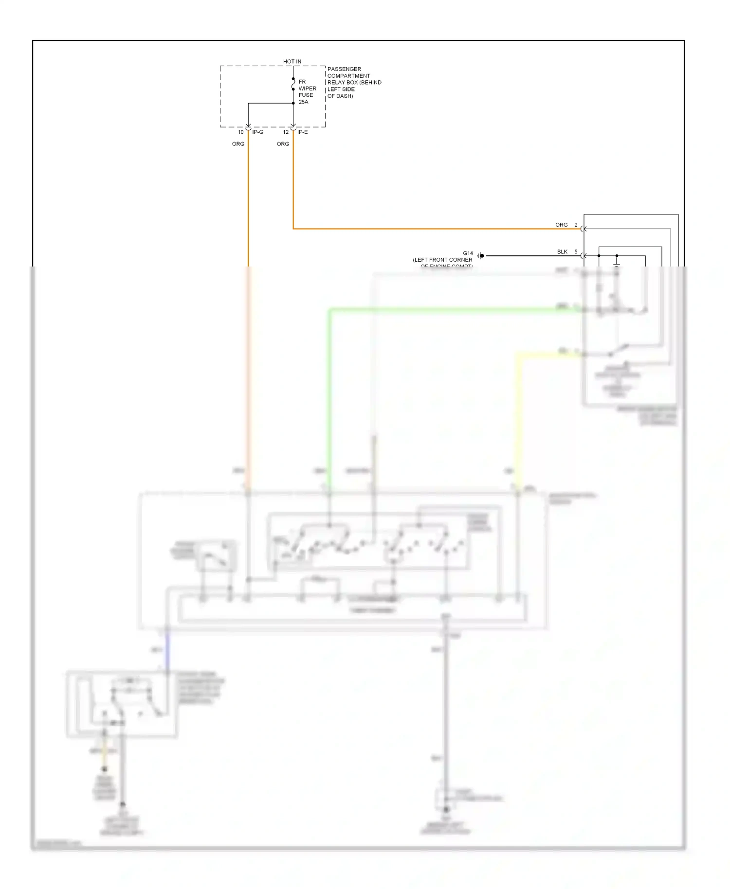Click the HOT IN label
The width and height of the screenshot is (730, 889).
[x=292, y=62]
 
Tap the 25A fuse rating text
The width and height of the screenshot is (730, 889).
[x=303, y=102]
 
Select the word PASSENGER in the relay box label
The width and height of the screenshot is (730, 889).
[x=344, y=69]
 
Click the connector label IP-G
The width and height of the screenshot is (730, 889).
[x=257, y=132]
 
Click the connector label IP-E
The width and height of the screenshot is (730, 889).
[x=302, y=132]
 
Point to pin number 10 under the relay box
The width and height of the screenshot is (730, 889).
[x=240, y=132]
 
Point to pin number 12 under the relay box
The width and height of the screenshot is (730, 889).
[x=286, y=132]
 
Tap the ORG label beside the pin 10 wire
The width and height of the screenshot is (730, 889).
[x=238, y=144]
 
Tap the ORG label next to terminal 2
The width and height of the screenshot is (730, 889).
[x=561, y=225]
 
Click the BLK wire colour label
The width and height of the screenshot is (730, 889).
[x=562, y=252]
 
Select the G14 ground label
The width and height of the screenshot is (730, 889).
[x=468, y=253]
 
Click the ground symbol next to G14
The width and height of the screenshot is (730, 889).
[x=480, y=256]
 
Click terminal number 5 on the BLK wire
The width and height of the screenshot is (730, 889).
[x=576, y=252]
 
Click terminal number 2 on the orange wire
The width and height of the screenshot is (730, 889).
[x=576, y=225]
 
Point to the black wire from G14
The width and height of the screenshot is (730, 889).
[x=530, y=256]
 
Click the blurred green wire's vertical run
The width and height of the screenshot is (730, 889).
[x=329, y=399]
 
